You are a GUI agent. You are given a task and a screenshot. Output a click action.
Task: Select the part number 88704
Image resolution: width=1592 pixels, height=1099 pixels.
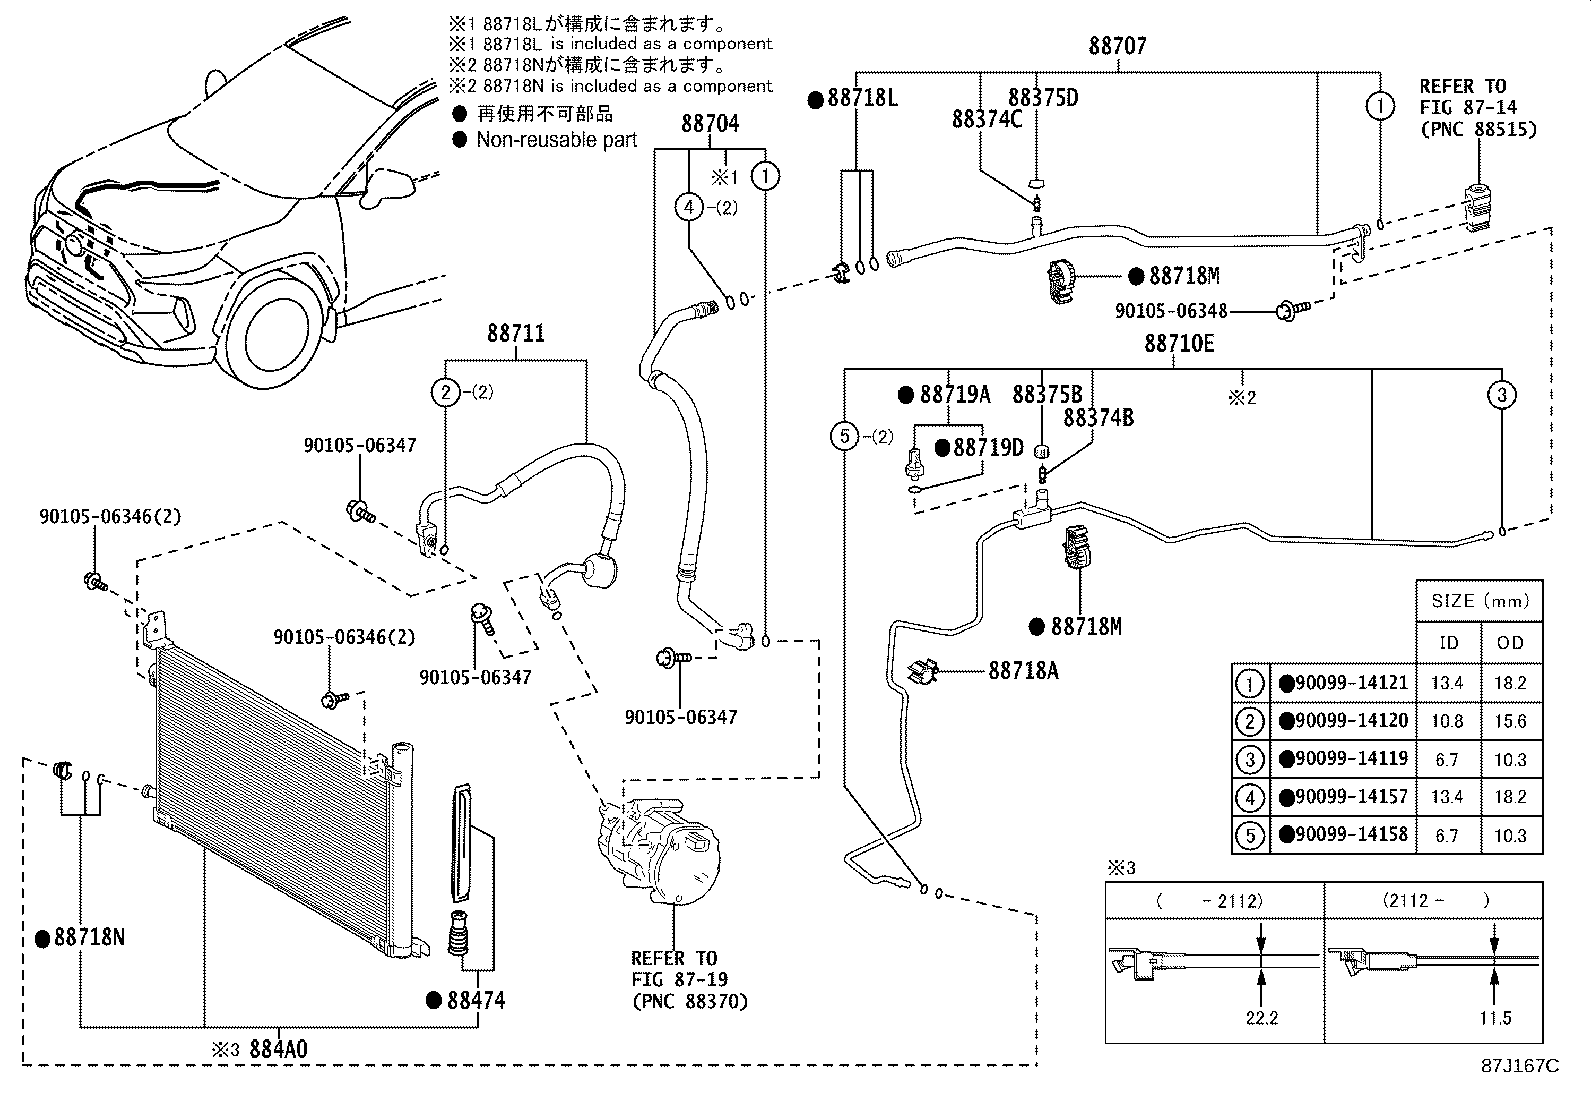pyautogui.click(x=710, y=124)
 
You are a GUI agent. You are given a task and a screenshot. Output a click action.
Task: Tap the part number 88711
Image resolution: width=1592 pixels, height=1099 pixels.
pyautogui.click(x=516, y=333)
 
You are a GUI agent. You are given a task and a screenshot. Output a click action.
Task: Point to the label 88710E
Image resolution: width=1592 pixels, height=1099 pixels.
pyautogui.click(x=1179, y=344)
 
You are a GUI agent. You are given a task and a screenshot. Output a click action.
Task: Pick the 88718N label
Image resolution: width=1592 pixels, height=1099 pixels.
pyautogui.click(x=89, y=938)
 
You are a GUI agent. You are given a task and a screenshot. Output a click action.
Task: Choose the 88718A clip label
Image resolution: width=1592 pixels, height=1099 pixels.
pyautogui.click(x=1023, y=671)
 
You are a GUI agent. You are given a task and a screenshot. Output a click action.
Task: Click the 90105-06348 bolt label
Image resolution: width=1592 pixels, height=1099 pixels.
pyautogui.click(x=1171, y=312)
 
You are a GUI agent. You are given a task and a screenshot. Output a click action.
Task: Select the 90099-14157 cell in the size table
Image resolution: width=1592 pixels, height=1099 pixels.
pyautogui.click(x=1350, y=797)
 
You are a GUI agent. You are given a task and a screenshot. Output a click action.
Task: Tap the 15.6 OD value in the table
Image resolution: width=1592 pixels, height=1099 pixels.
pyautogui.click(x=1510, y=721)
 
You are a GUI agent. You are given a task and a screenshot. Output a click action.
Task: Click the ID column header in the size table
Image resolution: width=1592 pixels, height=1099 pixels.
pyautogui.click(x=1448, y=643)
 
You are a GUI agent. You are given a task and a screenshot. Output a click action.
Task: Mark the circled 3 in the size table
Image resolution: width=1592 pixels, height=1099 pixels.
pyautogui.click(x=1250, y=759)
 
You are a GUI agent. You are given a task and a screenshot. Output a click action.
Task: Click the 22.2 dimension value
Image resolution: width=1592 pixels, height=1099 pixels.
pyautogui.click(x=1263, y=1018)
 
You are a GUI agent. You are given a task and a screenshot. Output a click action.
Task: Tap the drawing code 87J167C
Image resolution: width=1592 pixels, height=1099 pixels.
pyautogui.click(x=1520, y=1066)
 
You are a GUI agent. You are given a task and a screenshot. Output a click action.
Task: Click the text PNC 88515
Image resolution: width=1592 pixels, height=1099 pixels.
pyautogui.click(x=1478, y=129)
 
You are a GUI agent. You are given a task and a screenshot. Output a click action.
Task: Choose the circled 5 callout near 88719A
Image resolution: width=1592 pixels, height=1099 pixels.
pyautogui.click(x=845, y=435)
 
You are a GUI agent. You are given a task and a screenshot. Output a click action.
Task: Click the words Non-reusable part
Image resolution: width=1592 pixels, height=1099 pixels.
pyautogui.click(x=556, y=140)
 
